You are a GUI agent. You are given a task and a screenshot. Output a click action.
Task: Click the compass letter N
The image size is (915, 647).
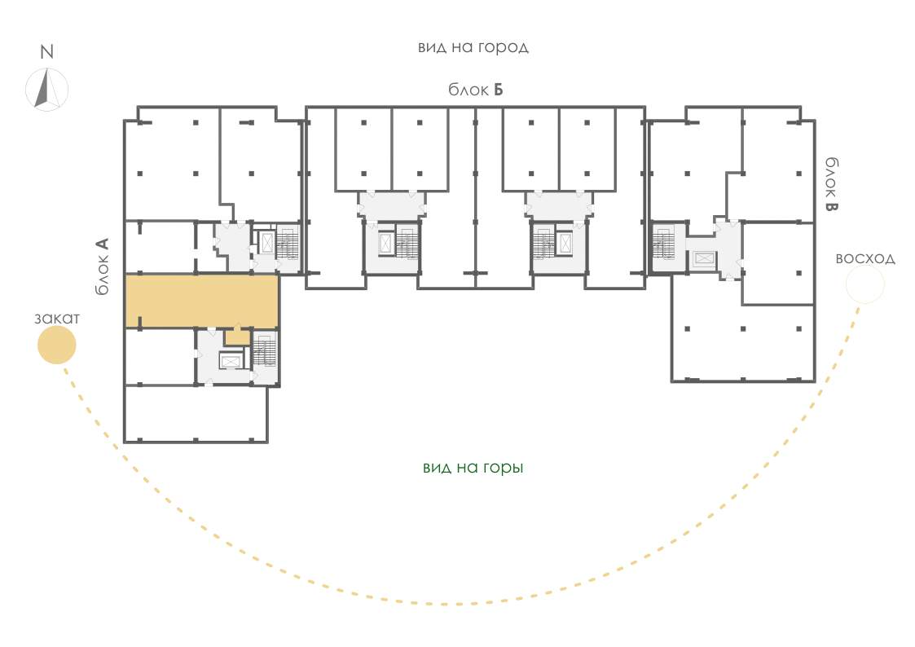tap(46, 52)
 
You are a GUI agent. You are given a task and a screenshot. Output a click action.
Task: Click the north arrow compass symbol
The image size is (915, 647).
tap(46, 90)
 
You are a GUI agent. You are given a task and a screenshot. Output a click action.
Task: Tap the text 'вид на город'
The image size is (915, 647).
tap(473, 47)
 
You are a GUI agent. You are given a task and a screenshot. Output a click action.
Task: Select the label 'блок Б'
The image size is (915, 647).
tap(475, 90)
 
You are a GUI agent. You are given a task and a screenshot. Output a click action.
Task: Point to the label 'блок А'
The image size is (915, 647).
tap(102, 266)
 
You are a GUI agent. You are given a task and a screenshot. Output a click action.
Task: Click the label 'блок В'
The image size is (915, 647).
tap(832, 184)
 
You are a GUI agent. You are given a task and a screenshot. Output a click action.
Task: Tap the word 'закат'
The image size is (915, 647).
tap(56, 319)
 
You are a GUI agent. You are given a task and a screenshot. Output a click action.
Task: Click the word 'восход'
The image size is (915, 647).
tap(864, 258)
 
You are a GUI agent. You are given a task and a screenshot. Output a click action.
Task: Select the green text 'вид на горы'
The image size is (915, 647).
tap(473, 468)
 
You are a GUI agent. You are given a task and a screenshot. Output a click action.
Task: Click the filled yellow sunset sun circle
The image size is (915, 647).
tap(56, 345)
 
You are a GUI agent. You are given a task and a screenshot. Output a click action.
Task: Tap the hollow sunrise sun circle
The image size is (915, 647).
tap(864, 284)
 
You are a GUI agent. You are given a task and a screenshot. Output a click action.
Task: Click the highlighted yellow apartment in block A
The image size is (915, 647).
tap(201, 301)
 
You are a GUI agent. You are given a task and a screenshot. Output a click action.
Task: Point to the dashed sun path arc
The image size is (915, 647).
tap(443, 603)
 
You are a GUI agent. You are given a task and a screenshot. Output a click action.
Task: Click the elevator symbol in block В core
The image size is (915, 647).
tap(704, 259)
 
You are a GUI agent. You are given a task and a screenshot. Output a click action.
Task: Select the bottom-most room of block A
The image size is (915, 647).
tap(196, 414)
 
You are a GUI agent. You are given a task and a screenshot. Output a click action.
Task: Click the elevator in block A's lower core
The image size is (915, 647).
tap(231, 362)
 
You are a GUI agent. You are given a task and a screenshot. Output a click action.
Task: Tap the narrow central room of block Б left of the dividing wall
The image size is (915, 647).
tap(462, 197)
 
